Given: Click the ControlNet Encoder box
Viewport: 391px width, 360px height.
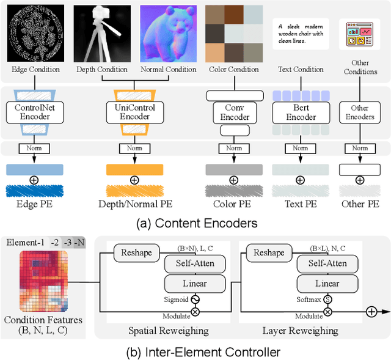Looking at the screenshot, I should click(x=34, y=112).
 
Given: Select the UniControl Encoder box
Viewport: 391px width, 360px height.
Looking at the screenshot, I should click(x=135, y=112).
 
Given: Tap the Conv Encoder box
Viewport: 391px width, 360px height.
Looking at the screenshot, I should click(x=234, y=112).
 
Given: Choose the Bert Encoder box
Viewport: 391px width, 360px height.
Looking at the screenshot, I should click(x=301, y=112).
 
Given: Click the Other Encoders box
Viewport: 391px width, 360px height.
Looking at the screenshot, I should click(x=360, y=112).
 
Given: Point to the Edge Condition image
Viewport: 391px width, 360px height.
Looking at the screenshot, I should click(x=35, y=33).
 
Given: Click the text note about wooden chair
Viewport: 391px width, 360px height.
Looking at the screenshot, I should click(x=301, y=31).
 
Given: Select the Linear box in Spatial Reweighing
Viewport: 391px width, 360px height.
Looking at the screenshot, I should click(x=194, y=284).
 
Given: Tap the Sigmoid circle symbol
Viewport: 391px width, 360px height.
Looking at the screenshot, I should click(x=195, y=300).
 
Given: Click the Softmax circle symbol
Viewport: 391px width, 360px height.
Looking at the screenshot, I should click(x=327, y=300).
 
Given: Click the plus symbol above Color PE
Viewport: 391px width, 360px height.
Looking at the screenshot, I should click(x=233, y=180).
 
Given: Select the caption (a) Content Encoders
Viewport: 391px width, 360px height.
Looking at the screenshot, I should click(x=195, y=222).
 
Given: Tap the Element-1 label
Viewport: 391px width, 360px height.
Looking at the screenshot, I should click(x=26, y=242).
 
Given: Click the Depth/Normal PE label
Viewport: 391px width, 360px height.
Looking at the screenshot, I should click(x=134, y=204).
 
